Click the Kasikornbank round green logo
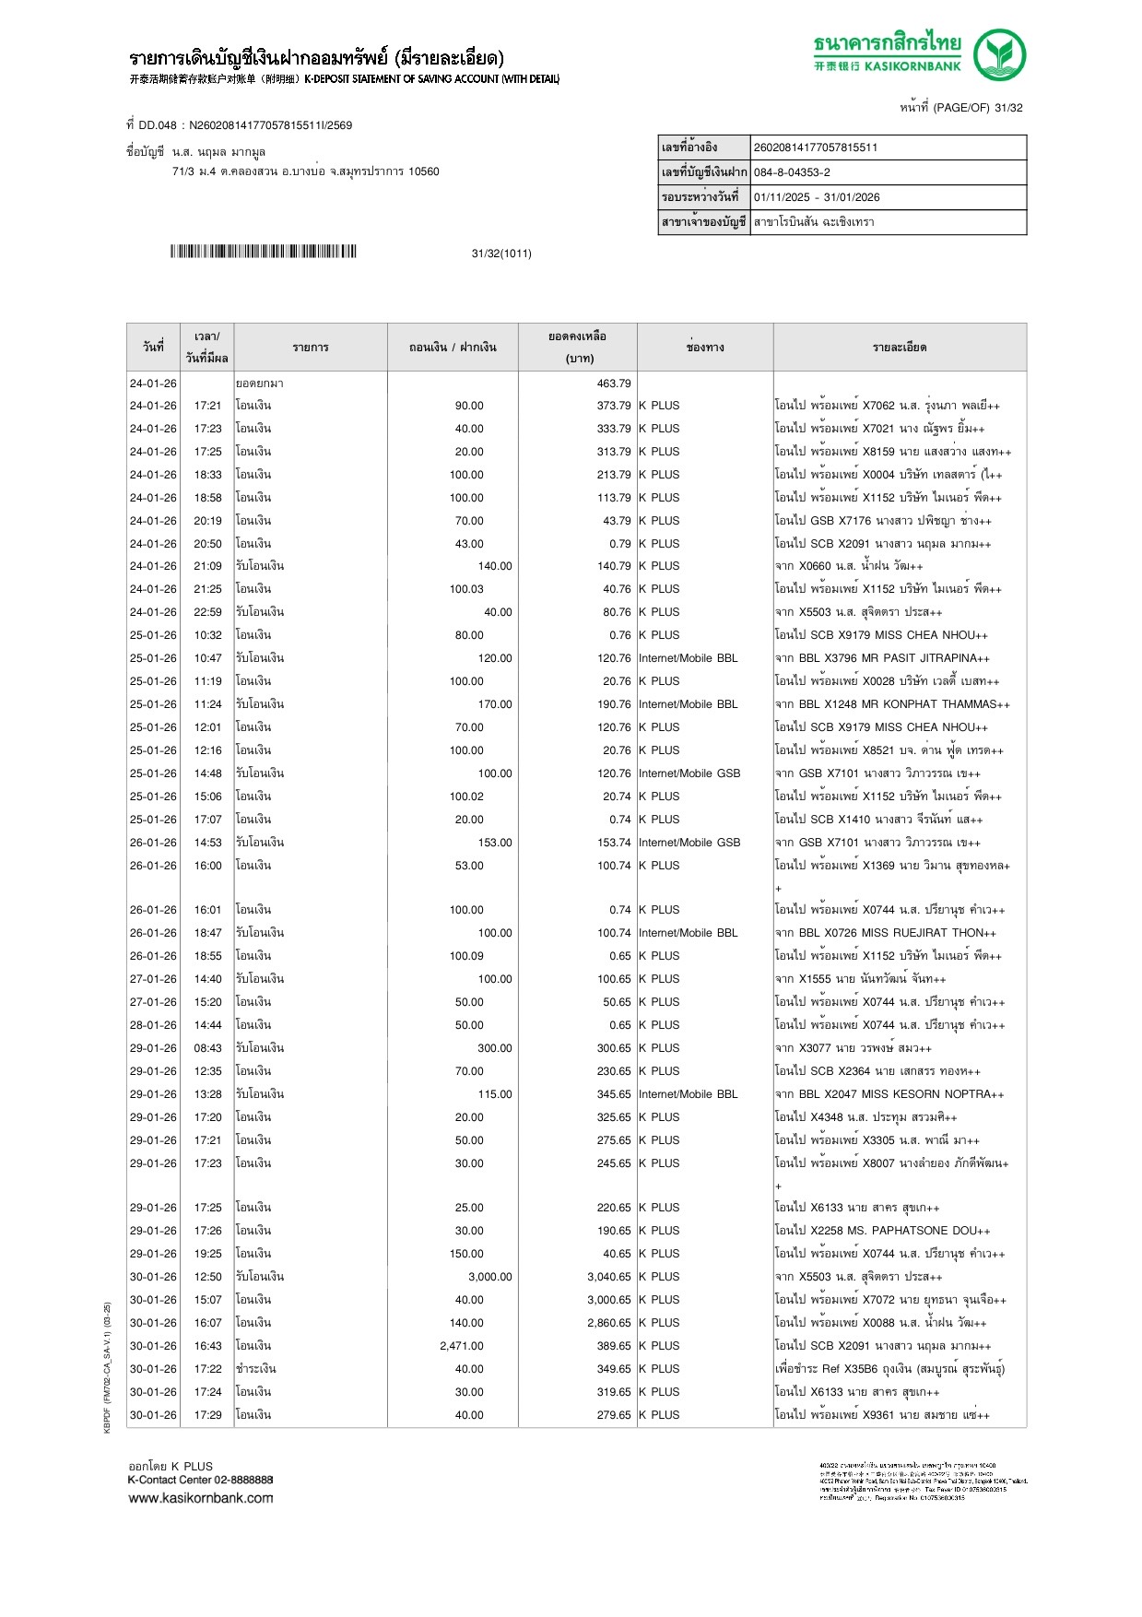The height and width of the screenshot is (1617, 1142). [1000, 54]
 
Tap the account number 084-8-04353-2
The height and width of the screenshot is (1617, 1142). [792, 172]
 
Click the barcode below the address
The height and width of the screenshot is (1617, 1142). [263, 252]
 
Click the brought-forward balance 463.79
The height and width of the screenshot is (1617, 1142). [614, 384]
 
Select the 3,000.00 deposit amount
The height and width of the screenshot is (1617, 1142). [489, 1277]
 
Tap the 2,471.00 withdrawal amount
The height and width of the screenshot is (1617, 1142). [462, 1346]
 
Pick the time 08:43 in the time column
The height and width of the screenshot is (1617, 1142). [207, 1048]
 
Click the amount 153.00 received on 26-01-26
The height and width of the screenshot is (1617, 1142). [495, 843]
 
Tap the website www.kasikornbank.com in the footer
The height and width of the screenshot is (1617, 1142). [201, 1498]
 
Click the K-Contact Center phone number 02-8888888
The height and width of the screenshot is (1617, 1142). [243, 1480]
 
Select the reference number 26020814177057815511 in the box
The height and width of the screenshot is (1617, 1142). [816, 148]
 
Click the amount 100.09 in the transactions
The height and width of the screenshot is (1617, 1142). [466, 956]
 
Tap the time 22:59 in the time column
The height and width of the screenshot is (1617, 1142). [207, 612]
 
